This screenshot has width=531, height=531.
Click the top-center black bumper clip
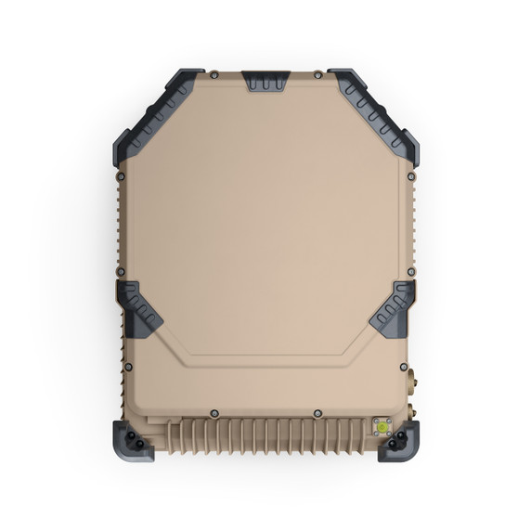pos(265,80)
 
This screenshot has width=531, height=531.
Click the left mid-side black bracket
pos(139,307)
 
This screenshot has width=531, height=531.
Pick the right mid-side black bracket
pos(393,307)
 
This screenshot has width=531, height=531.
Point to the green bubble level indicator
pos(380,426)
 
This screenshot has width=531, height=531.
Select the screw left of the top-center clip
pos(214,74)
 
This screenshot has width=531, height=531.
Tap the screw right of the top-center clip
pos(317,74)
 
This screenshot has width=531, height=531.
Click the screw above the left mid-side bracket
pos(121,272)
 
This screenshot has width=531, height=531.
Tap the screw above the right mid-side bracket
pos(411,272)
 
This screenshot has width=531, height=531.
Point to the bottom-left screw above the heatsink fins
pos(214,412)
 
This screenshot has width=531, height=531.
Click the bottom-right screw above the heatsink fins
pos(317,412)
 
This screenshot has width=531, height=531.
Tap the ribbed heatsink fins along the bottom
pos(265,435)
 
